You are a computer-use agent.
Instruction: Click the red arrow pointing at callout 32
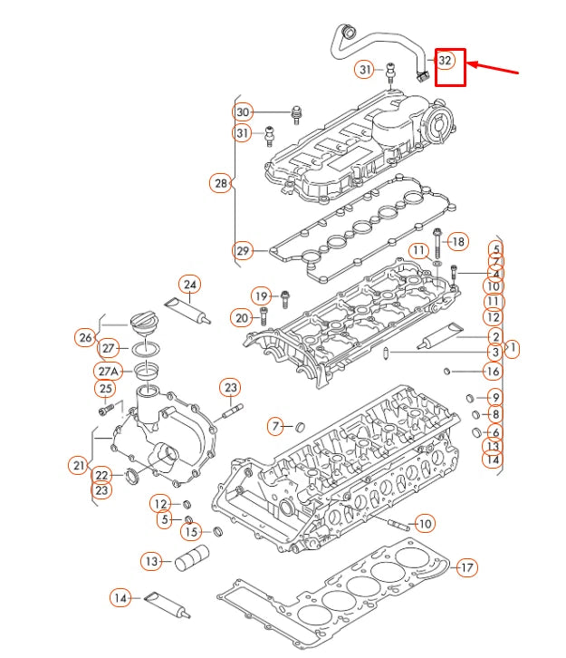tap(493, 69)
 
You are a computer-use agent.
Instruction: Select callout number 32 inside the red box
tap(445, 61)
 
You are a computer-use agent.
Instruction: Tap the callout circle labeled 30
tap(242, 112)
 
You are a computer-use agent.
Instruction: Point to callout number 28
tap(220, 183)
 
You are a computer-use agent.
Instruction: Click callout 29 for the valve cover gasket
tap(242, 250)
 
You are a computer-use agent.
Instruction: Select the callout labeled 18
tap(458, 241)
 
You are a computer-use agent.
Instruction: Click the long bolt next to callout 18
tap(437, 244)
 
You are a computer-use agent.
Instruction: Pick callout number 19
tap(261, 295)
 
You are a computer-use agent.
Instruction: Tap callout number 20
tap(241, 317)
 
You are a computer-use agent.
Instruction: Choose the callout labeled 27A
tap(109, 372)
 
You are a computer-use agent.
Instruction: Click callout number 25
tap(106, 390)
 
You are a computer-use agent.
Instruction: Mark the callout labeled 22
tap(101, 475)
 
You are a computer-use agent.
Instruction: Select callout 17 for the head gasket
tap(466, 568)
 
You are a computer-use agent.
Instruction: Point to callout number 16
tap(492, 372)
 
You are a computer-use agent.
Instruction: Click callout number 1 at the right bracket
tap(513, 347)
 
